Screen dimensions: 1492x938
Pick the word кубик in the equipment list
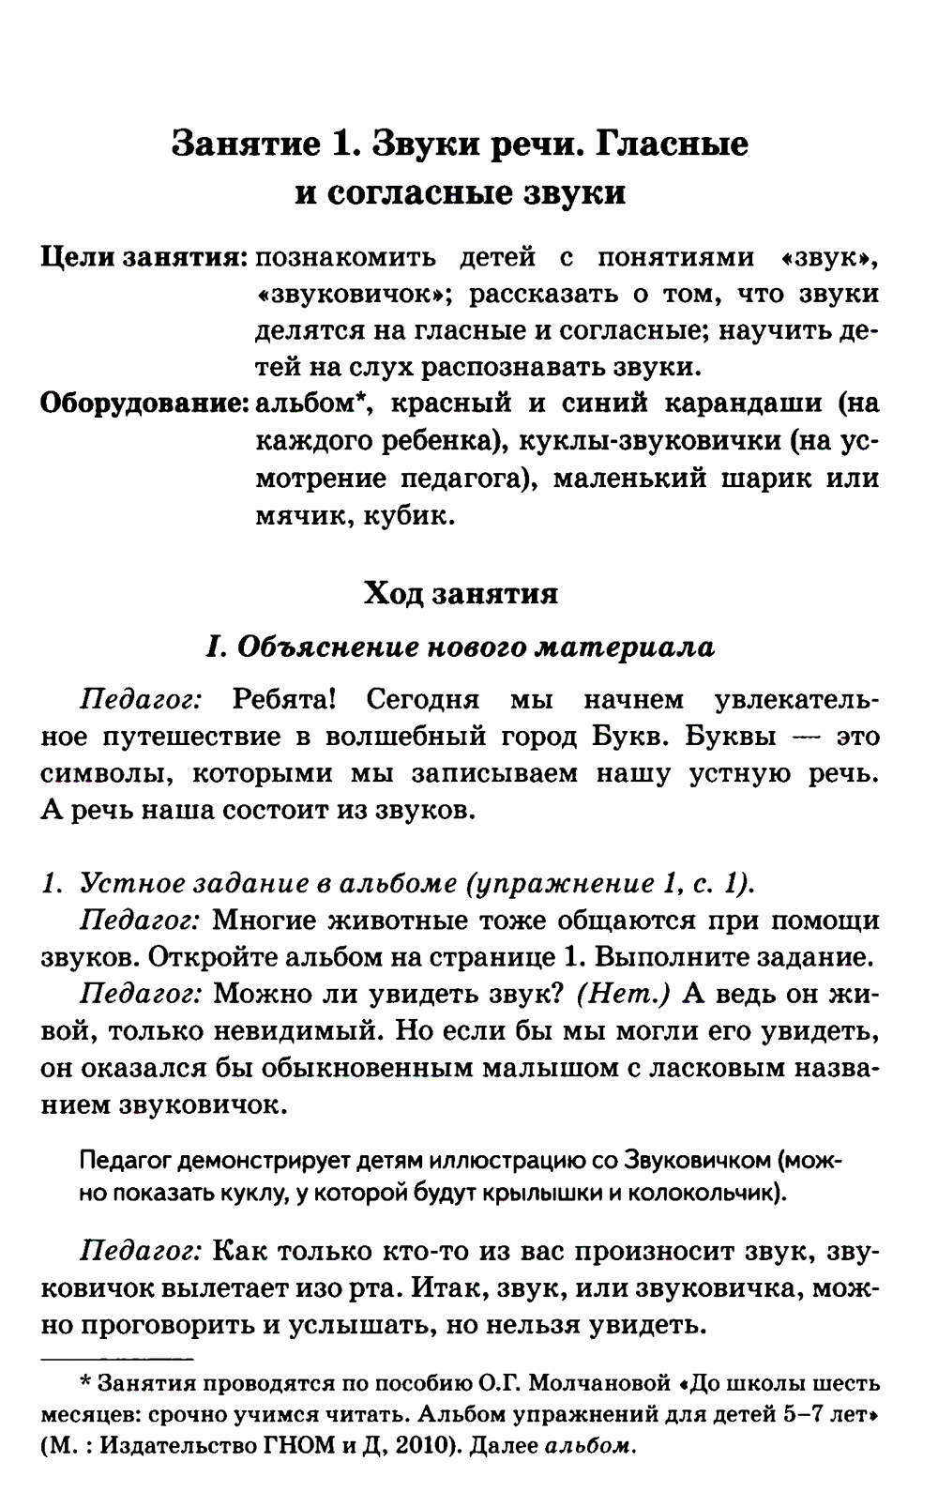pos(418,516)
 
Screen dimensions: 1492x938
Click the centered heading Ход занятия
pos(461,593)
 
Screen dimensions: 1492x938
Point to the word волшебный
pos(390,737)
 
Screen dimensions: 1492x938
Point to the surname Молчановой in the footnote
pos(597,1384)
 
